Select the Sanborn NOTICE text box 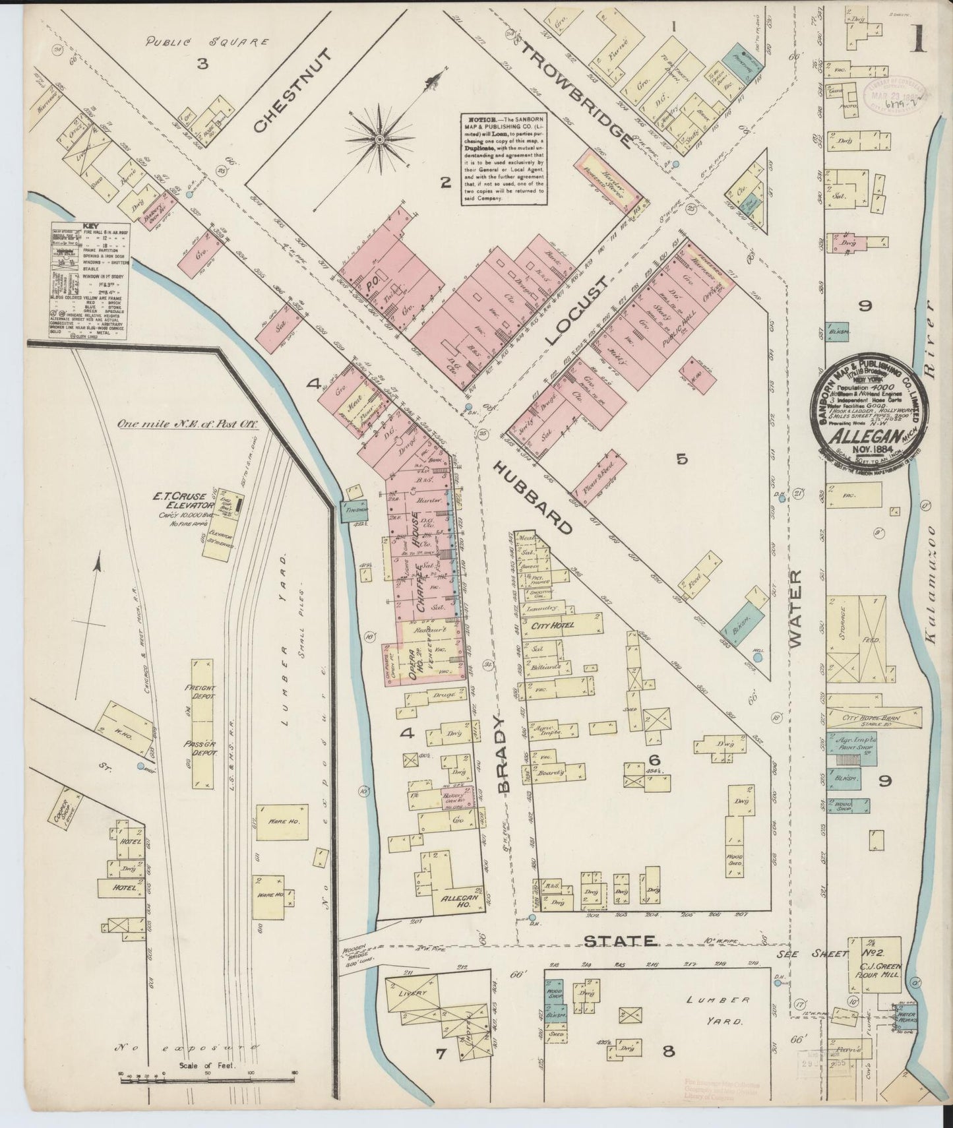pyautogui.click(x=503, y=159)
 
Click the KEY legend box pyautogui.click(x=88, y=281)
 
